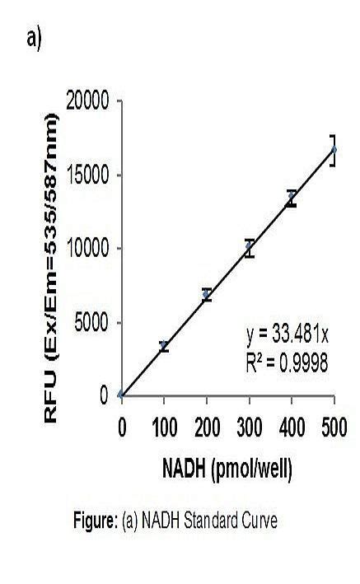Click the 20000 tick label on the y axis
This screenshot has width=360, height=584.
(x=88, y=102)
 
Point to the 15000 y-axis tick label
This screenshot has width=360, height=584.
(x=88, y=175)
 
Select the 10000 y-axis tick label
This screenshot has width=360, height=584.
(x=88, y=249)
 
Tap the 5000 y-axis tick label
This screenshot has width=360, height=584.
(x=92, y=322)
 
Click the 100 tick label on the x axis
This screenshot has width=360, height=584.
(x=164, y=428)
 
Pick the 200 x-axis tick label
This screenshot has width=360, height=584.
(x=207, y=428)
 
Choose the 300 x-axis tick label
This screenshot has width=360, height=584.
(x=250, y=428)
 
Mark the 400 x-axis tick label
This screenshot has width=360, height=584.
(x=292, y=428)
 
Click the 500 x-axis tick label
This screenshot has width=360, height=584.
(x=334, y=428)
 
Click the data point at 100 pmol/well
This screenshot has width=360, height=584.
(x=164, y=347)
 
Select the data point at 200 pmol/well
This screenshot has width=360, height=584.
(x=207, y=294)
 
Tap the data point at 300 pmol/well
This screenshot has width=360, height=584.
(x=250, y=248)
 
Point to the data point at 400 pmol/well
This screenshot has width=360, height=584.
(x=292, y=199)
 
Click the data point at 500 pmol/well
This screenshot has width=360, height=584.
(x=334, y=150)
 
